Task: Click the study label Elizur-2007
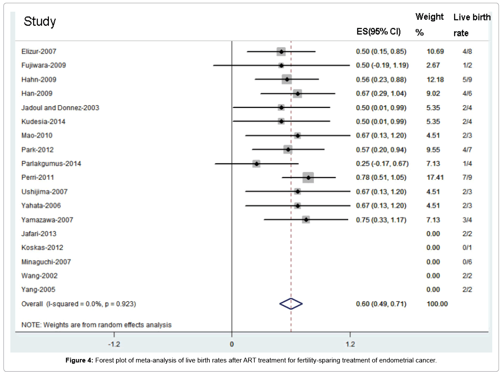39,52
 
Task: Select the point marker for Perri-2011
308,178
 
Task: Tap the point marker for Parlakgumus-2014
256,164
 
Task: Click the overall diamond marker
291,304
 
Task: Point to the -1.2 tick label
114,345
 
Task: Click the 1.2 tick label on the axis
350,345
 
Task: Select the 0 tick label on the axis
232,345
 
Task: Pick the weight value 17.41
435,178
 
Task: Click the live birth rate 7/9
467,178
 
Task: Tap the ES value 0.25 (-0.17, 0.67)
382,164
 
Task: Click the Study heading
40,22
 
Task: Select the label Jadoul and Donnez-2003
60,107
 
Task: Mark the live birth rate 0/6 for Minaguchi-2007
467,262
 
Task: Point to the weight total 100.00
437,304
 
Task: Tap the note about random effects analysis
96,324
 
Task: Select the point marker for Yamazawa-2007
306,220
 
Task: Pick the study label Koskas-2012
42,248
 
